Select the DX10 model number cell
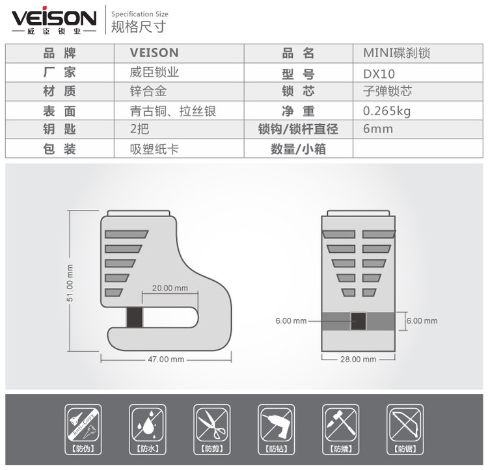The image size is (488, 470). [x=379, y=73]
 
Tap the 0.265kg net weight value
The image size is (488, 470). [x=386, y=111]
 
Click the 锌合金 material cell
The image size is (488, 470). [x=148, y=92]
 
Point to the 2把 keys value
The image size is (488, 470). [x=140, y=129]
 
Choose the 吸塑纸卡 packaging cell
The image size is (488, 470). [x=154, y=149]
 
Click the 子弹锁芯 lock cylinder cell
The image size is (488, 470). [x=387, y=92]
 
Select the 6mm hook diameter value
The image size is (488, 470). [x=377, y=129]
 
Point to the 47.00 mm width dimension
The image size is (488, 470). [x=166, y=359]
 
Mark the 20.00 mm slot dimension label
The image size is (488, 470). [x=169, y=288]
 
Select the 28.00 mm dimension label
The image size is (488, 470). [x=358, y=359]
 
